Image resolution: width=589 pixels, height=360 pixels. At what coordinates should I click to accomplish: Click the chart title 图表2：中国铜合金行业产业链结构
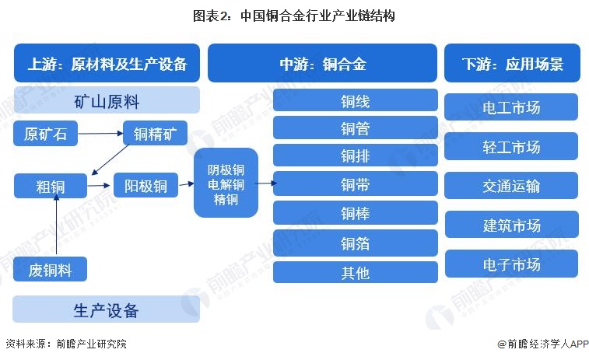click(294, 16)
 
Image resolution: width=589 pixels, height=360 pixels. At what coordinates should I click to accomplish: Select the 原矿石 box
click(45, 133)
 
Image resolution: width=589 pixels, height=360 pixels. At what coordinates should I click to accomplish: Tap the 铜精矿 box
click(155, 133)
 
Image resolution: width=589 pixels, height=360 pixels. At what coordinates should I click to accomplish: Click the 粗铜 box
click(51, 186)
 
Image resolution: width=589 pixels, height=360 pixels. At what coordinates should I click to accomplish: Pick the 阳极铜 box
click(145, 185)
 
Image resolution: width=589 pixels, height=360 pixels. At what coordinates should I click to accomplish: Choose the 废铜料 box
click(50, 269)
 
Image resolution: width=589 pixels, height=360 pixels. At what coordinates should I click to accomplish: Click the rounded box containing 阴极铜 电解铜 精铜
click(226, 183)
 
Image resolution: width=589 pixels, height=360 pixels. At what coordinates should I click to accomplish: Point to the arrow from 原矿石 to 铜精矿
click(100, 133)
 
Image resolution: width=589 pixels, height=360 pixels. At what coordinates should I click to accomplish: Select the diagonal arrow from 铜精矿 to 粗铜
click(110, 160)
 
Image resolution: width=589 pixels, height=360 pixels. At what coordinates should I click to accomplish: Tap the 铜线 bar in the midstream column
click(356, 100)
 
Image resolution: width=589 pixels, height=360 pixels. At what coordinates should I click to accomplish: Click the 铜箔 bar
click(356, 243)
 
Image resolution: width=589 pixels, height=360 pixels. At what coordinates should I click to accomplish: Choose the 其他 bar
click(356, 272)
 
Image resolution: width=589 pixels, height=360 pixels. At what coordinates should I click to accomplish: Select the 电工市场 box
click(511, 107)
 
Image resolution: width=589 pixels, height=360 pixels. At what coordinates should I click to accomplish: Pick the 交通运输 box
click(511, 186)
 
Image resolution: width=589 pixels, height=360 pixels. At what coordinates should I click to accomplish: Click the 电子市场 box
click(512, 264)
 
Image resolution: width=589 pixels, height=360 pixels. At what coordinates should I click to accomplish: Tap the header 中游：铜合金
click(322, 63)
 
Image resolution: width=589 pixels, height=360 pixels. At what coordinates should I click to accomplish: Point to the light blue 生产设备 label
click(107, 309)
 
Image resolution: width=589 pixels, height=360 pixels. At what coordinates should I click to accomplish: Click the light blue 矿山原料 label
click(107, 100)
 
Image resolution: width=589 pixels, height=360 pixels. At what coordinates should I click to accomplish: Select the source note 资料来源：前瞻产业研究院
click(66, 344)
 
